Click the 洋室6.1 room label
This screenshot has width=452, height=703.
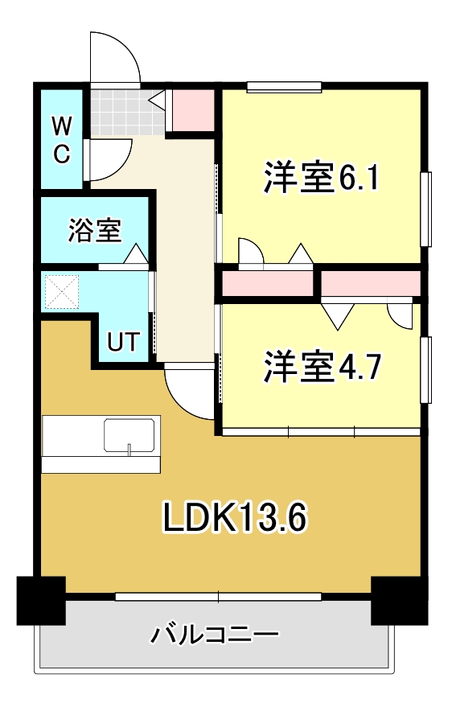pos(321,177)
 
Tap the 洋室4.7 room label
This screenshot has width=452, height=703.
pos(321,368)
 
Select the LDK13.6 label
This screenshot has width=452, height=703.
pos(235,519)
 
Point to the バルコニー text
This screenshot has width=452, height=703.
pos(215,635)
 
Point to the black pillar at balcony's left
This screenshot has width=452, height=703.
pos(41,600)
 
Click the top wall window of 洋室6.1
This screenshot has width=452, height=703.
pos(284,87)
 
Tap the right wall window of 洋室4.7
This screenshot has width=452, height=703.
pos(425,371)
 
